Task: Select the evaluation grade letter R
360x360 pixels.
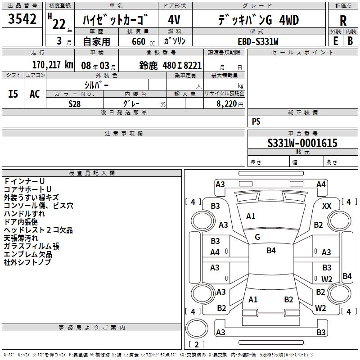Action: click(x=343, y=21)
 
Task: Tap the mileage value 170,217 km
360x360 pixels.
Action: click(x=53, y=65)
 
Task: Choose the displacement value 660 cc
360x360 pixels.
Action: click(x=139, y=41)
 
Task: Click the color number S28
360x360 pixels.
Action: click(x=75, y=103)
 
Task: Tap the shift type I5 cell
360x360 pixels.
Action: click(x=13, y=94)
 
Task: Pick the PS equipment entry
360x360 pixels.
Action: click(x=256, y=121)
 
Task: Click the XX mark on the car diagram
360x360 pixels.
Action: click(x=327, y=206)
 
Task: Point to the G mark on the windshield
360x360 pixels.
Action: click(x=257, y=237)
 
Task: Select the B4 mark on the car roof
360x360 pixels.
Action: click(x=271, y=251)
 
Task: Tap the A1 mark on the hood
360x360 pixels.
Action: click(x=251, y=216)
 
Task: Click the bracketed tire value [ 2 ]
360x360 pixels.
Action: click(x=196, y=344)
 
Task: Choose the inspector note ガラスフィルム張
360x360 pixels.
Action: click(x=31, y=246)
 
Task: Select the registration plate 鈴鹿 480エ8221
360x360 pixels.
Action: click(x=171, y=65)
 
